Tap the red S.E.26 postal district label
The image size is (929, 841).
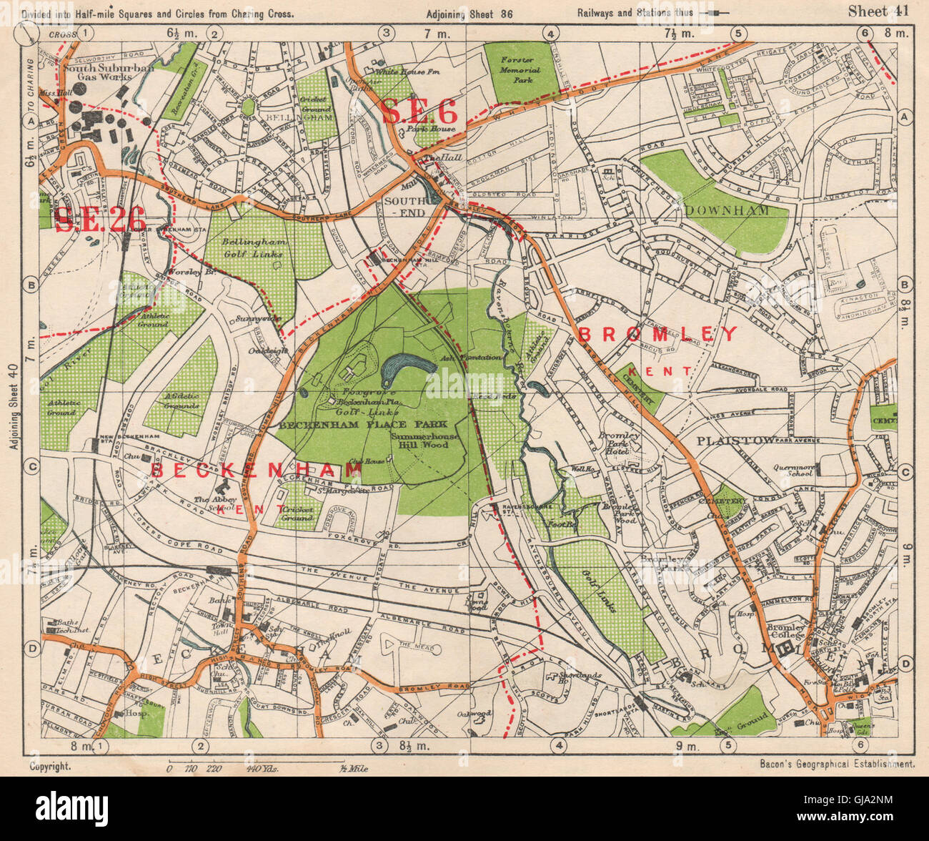[x=100, y=219]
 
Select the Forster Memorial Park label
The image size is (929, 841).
[x=520, y=66]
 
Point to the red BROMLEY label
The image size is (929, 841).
[x=657, y=334]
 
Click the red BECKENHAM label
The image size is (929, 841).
[x=256, y=470]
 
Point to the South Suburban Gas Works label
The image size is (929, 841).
[x=98, y=72]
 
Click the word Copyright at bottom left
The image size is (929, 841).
[x=50, y=765]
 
